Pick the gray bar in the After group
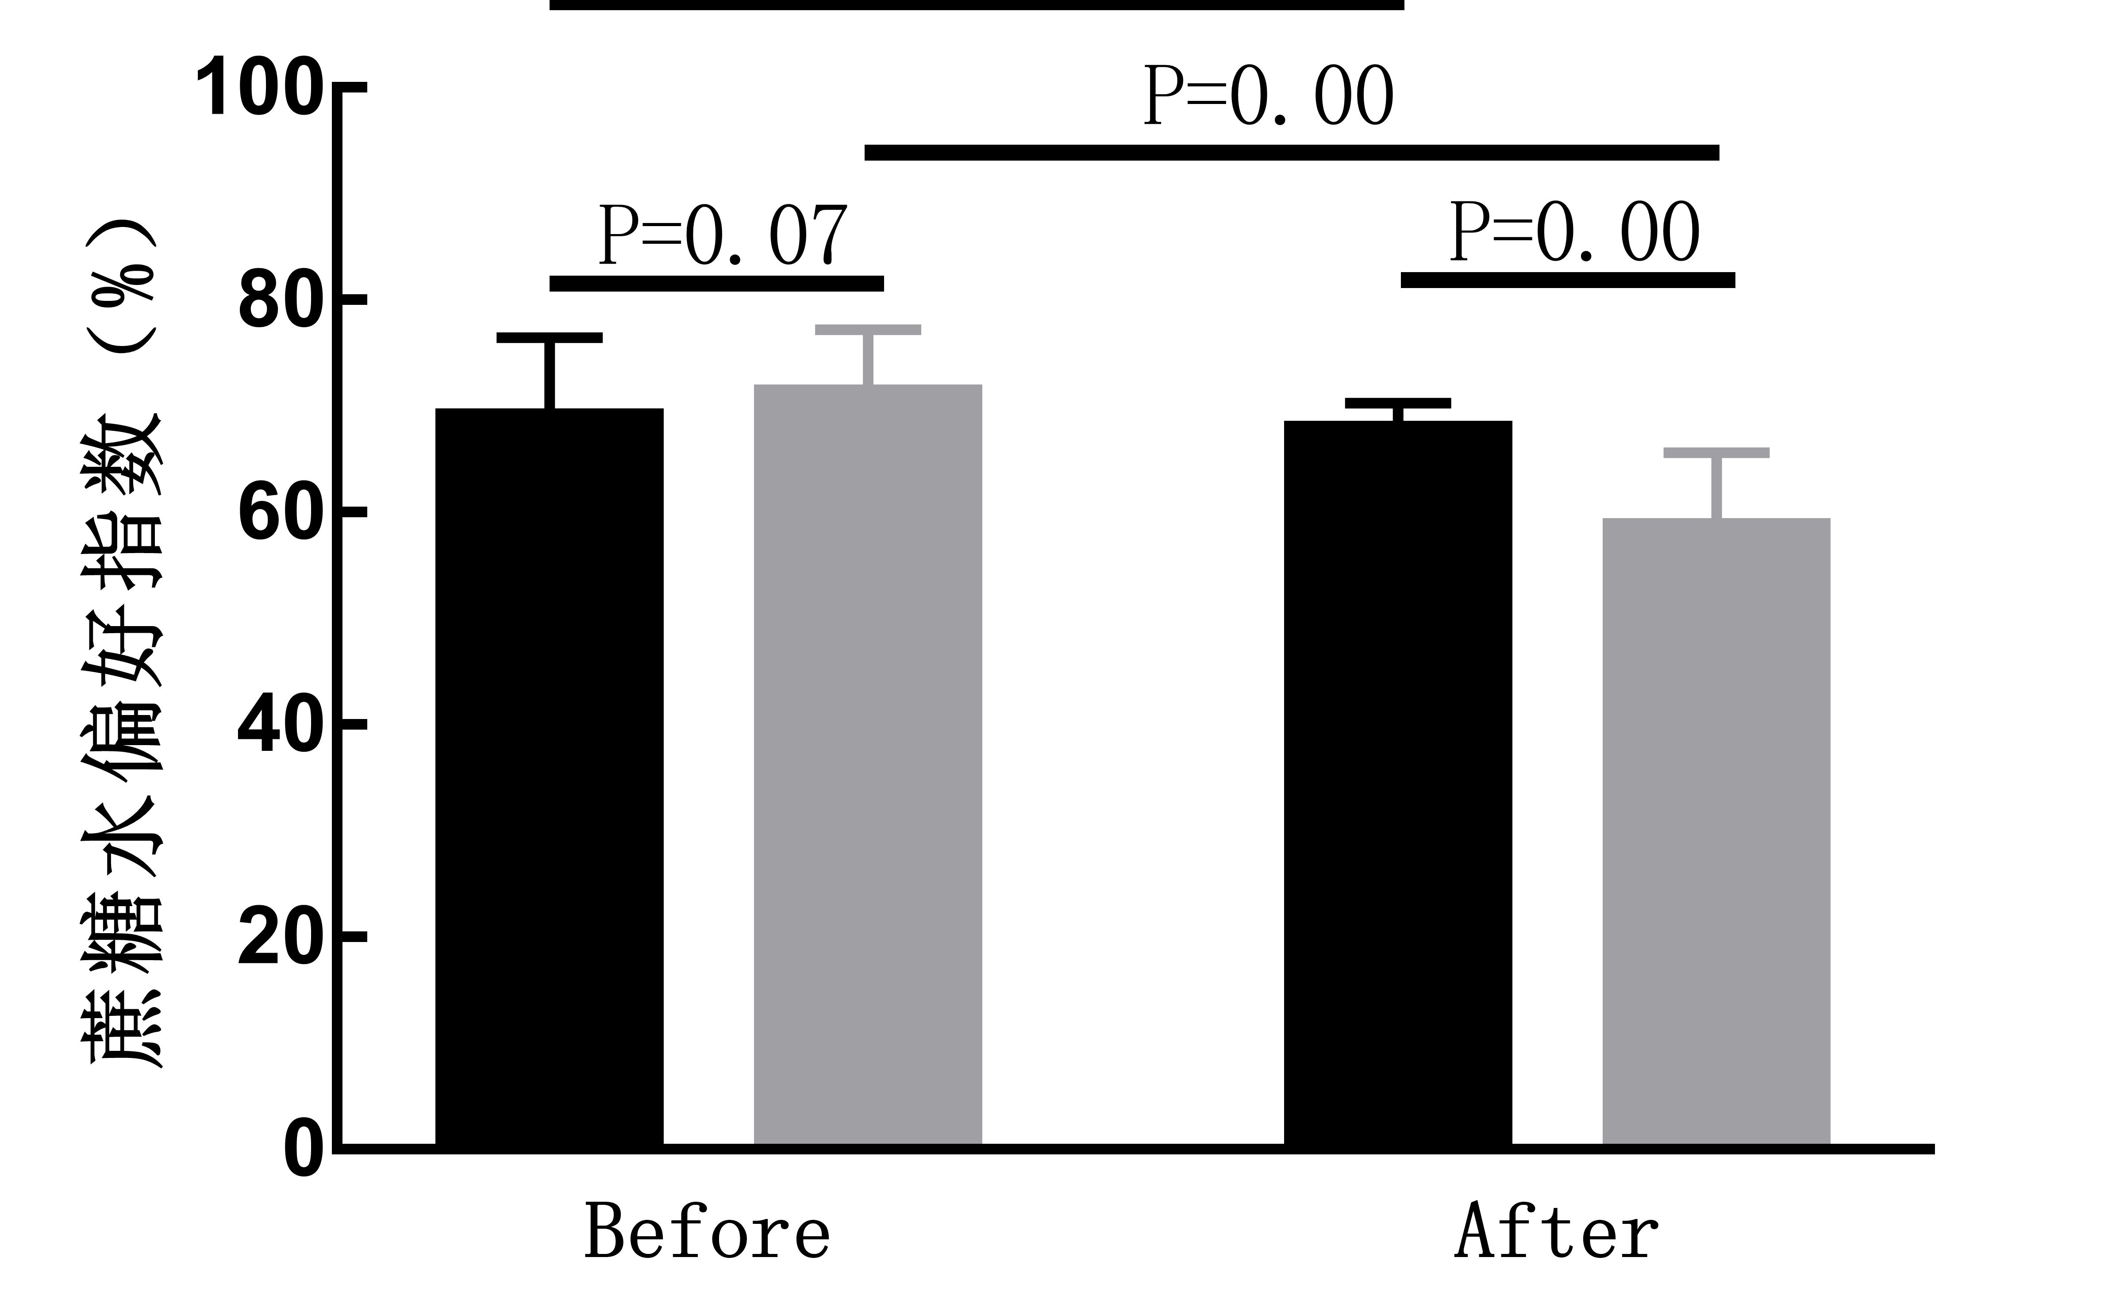click(1716, 831)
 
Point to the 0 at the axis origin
click(303, 1150)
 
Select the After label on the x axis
click(1556, 1232)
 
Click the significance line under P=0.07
click(717, 284)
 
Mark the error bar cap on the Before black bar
click(550, 338)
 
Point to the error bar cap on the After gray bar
click(1716, 452)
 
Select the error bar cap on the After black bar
click(1398, 403)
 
